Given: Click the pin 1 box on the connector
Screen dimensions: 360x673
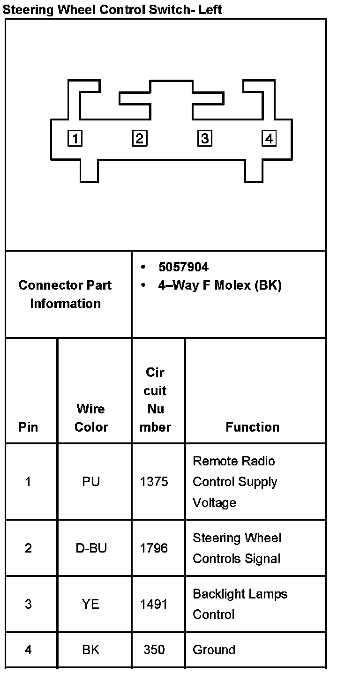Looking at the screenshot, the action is [x=75, y=138].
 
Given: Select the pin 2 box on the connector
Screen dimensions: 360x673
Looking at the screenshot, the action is [x=139, y=138].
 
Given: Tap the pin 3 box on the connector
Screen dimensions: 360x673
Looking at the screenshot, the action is [x=204, y=138].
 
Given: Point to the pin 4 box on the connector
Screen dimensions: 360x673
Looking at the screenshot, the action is [x=269, y=138].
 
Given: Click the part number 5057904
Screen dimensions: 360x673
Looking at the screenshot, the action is [x=183, y=267].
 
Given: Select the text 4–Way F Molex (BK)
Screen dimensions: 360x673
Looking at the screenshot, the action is [x=219, y=285].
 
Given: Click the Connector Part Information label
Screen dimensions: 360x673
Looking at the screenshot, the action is [x=65, y=294].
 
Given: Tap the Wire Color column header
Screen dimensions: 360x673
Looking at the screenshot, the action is [x=91, y=418].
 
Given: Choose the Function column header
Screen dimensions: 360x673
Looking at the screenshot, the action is [x=252, y=427].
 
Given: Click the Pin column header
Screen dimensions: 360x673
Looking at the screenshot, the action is [x=28, y=427].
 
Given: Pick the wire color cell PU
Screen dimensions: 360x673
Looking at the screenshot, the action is [x=91, y=482].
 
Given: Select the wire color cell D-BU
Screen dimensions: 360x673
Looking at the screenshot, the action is [x=91, y=548].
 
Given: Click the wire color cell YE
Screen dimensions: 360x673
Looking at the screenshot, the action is [x=91, y=604].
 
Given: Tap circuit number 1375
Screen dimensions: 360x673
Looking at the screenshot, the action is [x=154, y=482].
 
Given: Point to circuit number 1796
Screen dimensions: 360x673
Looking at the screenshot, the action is [x=154, y=548].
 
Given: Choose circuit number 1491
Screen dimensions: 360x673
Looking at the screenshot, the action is [x=154, y=604].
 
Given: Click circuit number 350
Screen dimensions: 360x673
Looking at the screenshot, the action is [x=154, y=650].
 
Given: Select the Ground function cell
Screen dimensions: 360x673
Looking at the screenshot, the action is [x=214, y=650].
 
